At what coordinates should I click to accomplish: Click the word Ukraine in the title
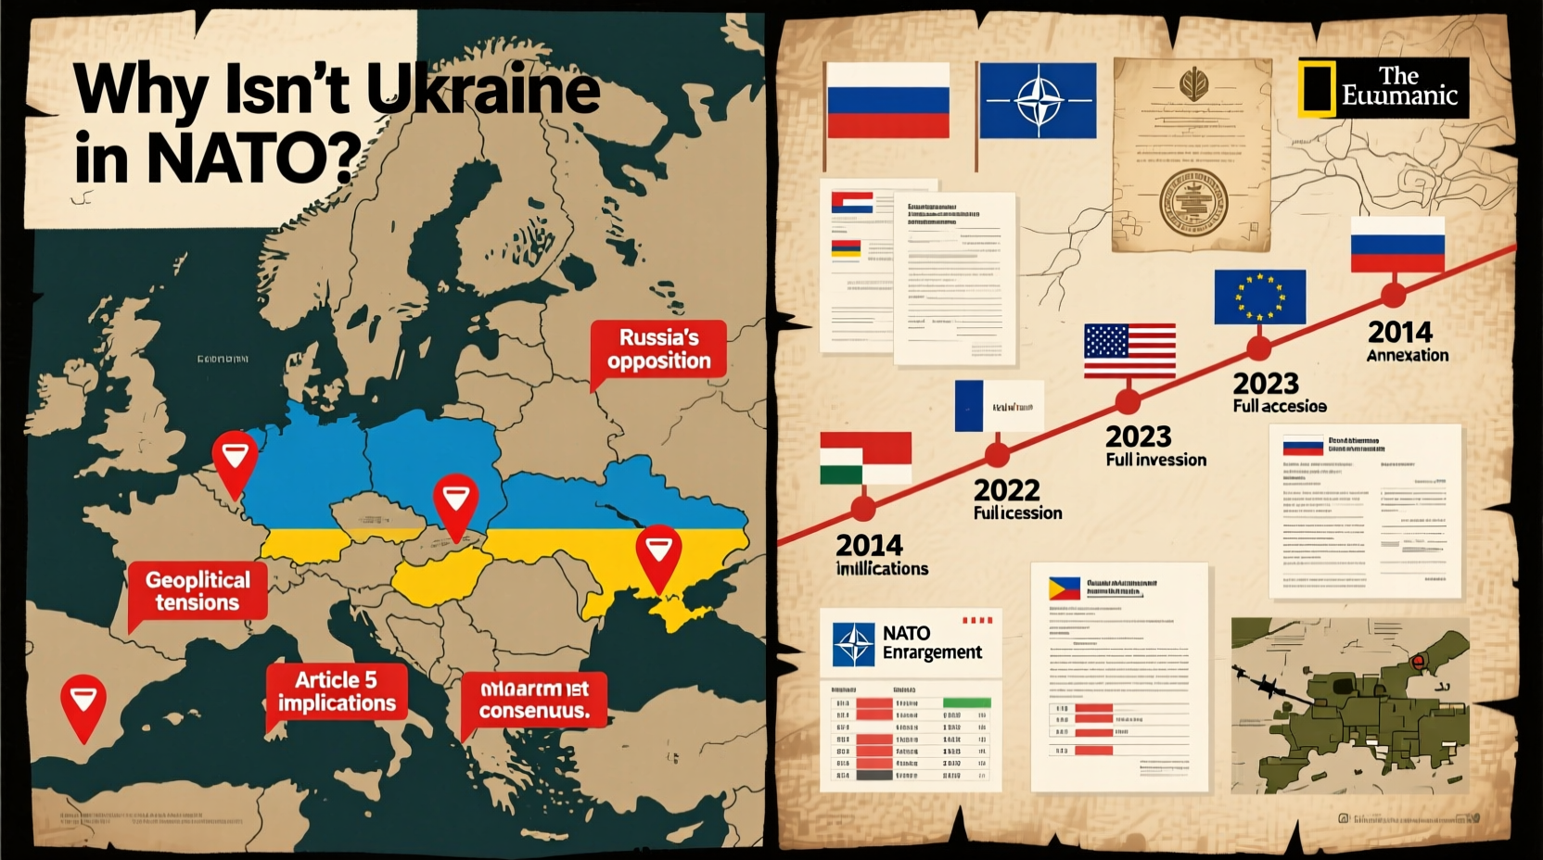(483, 90)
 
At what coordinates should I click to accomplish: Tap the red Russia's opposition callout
(658, 349)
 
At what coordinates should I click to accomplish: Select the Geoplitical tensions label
(198, 591)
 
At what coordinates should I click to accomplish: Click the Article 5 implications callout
(337, 691)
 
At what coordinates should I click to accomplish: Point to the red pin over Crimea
(658, 553)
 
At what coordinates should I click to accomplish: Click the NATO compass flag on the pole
(1038, 100)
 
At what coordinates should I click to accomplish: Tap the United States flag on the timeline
(1129, 350)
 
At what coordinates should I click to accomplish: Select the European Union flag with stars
(1259, 297)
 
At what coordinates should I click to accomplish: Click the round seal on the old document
(1193, 200)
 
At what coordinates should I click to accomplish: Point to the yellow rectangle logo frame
(1317, 89)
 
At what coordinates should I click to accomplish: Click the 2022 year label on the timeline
(1006, 489)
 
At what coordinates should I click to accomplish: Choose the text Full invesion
(1155, 460)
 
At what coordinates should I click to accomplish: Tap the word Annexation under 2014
(1407, 355)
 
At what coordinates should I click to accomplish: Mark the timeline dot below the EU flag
(1258, 349)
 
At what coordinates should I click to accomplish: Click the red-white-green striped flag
(865, 458)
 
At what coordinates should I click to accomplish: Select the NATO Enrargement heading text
(931, 642)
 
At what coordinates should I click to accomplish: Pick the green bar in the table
(966, 702)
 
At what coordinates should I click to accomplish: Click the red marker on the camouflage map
(1417, 660)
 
